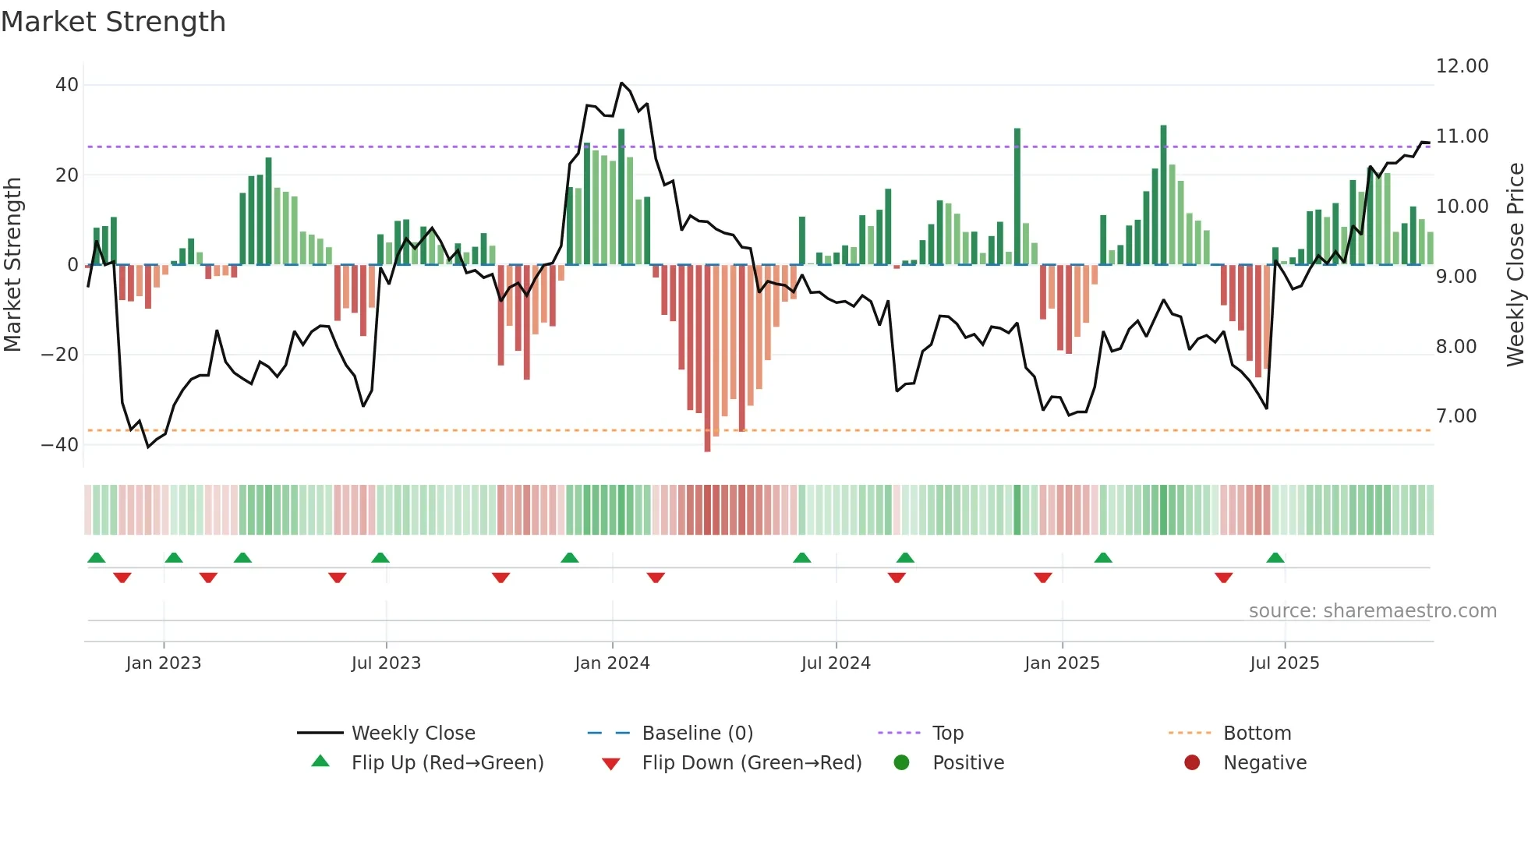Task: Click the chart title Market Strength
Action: [x=113, y=22]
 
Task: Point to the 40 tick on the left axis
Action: [x=67, y=85]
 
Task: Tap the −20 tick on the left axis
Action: [x=60, y=355]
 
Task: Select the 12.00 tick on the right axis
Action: [x=1462, y=66]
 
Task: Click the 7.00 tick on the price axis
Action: [x=1455, y=416]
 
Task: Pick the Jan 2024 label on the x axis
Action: [x=612, y=663]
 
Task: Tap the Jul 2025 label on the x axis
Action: [x=1284, y=663]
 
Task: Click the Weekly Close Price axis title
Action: [x=1515, y=265]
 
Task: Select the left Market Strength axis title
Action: [x=13, y=265]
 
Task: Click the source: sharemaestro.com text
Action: [x=1372, y=611]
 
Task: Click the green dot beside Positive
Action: [x=902, y=763]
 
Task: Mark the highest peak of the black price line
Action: [x=621, y=83]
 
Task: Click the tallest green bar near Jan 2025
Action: [x=1017, y=195]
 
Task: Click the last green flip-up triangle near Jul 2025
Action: [x=1275, y=558]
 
